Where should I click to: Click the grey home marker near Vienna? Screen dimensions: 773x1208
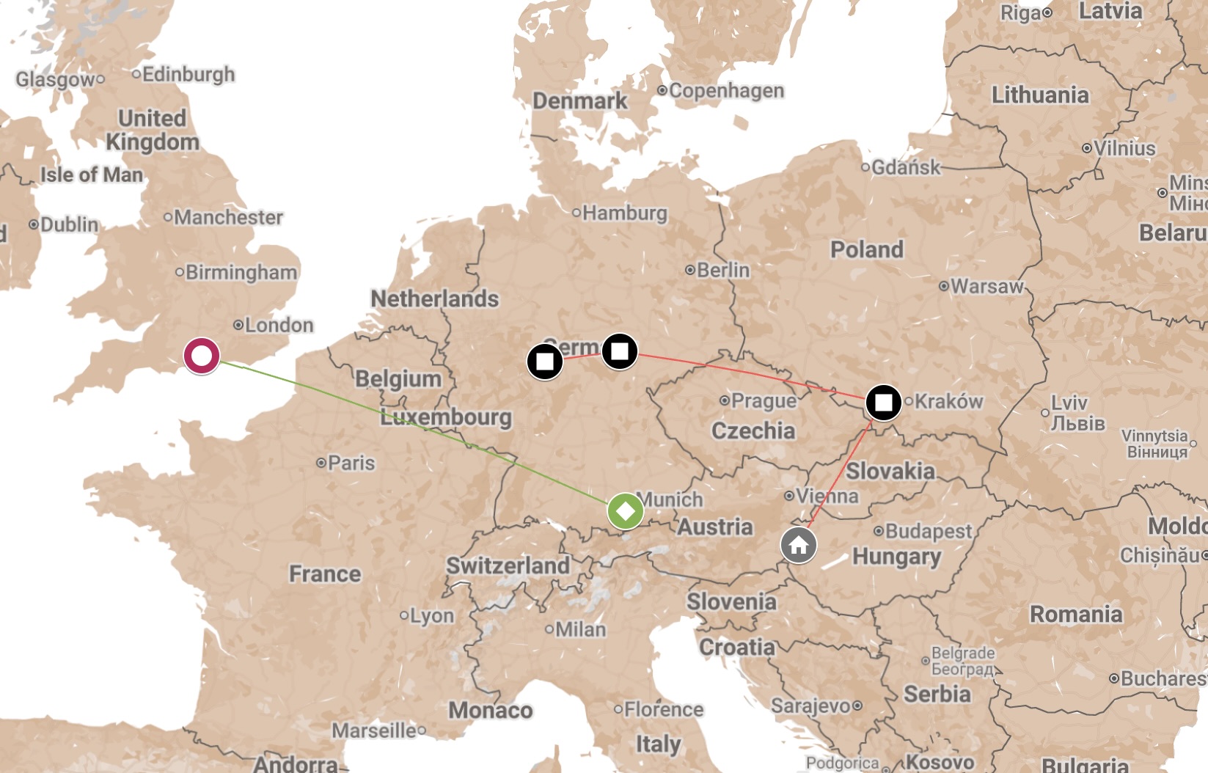click(799, 546)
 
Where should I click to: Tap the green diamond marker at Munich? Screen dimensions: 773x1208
click(626, 510)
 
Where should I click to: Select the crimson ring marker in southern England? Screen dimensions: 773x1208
click(202, 356)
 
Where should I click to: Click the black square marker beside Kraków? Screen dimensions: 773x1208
click(883, 403)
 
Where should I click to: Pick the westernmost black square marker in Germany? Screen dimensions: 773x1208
click(545, 362)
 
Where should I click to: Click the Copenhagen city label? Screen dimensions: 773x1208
click(725, 91)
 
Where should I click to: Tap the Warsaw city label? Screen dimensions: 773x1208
click(986, 286)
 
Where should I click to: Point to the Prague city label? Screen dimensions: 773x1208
click(763, 401)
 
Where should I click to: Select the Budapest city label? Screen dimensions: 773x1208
click(928, 531)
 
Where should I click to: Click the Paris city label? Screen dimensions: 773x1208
click(351, 464)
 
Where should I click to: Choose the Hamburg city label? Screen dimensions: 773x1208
click(624, 213)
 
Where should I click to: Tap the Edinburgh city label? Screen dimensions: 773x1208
click(188, 75)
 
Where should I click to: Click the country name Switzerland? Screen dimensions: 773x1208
click(508, 565)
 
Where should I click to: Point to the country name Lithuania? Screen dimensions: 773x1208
click(1039, 95)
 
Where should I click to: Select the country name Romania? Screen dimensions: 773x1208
click(1076, 614)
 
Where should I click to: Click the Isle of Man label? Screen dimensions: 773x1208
click(92, 175)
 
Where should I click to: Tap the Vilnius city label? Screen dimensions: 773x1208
click(1124, 148)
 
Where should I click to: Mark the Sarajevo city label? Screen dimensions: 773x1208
click(811, 706)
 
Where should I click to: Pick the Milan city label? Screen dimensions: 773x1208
click(580, 629)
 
